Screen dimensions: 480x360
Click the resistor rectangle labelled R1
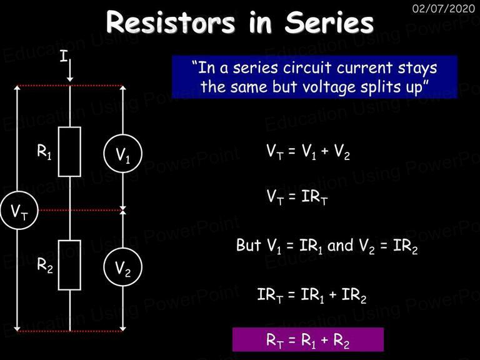point(59,152)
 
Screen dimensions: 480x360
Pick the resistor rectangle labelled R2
point(59,265)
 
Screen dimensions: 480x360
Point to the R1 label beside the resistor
point(44,151)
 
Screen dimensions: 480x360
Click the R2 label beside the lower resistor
point(45,265)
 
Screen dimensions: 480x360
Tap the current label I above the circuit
point(64,56)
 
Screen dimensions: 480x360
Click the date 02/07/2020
point(444,8)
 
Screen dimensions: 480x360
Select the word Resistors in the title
point(171,22)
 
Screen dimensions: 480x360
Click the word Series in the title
point(329,22)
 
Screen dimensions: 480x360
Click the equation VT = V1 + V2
point(308,152)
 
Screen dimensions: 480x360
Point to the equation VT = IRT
point(297,197)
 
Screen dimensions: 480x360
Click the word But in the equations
point(249,246)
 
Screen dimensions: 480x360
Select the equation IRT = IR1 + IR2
point(312,296)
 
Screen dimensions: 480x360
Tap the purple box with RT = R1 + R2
point(308,340)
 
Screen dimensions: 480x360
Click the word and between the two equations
point(340,246)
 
